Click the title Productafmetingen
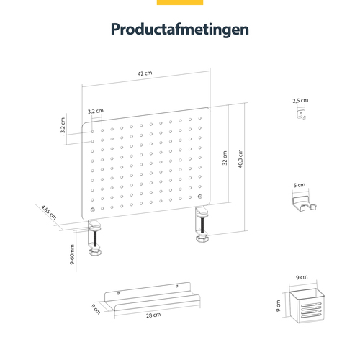pos(180,30)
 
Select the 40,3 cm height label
pos(240,158)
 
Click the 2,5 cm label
pos(300,101)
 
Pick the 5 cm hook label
pos(300,185)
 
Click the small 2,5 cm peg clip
pos(301,114)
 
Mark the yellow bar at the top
pos(180,2)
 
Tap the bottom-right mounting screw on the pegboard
pos(200,197)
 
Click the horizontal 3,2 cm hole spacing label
pos(95,112)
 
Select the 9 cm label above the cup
pos(302,277)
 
